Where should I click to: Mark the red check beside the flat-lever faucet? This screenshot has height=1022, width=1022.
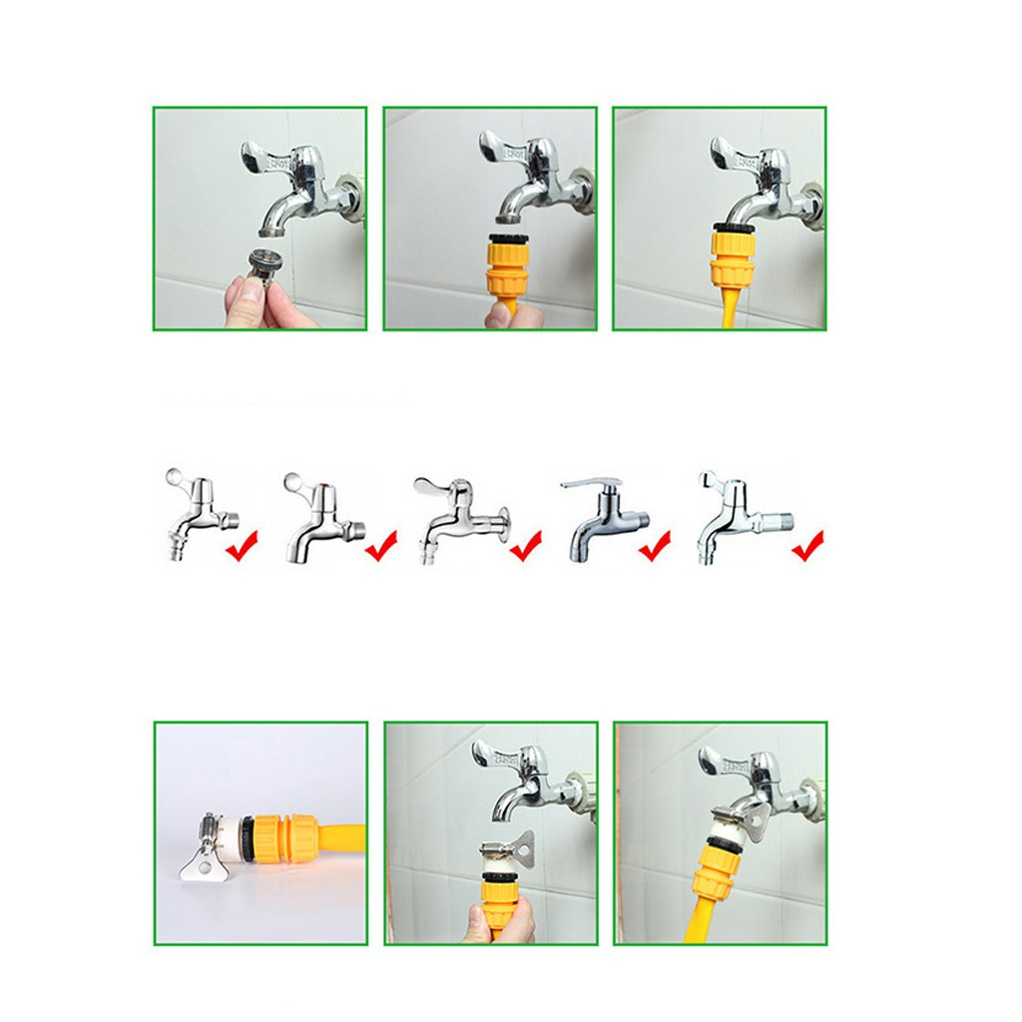[x=655, y=546]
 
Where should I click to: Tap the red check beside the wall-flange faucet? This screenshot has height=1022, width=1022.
[x=526, y=546]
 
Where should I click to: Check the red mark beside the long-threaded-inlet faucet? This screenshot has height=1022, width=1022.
[x=808, y=546]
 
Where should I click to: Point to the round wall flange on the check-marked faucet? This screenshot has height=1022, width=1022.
[x=506, y=517]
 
